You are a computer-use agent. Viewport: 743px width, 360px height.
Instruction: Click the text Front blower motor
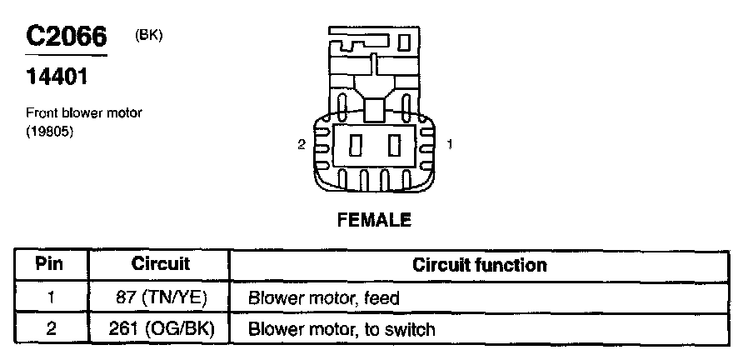84,113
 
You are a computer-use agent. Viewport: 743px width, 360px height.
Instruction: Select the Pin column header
51,265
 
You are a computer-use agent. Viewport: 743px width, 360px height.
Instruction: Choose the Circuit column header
160,265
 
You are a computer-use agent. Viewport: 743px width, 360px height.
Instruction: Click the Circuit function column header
480,265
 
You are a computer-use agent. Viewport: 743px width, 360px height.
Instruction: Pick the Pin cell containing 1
51,297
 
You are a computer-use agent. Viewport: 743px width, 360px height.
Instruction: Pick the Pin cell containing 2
51,328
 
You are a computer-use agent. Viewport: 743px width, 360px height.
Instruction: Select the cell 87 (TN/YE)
160,297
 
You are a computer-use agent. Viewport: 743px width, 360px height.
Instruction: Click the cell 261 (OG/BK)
160,328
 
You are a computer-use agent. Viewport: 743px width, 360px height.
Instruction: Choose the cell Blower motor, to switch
342,329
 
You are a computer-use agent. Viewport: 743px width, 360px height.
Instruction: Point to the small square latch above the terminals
375,107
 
